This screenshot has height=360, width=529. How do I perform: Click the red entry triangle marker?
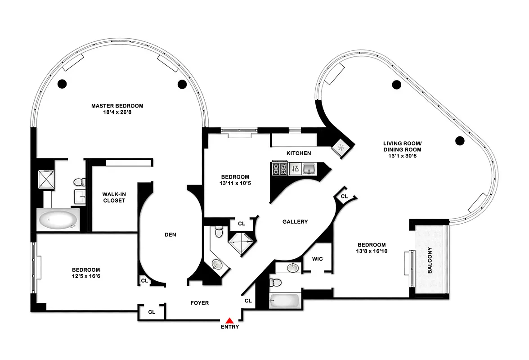(x=229, y=320)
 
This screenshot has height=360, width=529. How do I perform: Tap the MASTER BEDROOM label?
(x=117, y=106)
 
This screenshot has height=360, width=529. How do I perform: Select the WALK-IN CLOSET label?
(x=114, y=198)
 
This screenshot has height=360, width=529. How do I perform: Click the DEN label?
(x=170, y=234)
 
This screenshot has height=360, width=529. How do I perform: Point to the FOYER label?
(x=200, y=303)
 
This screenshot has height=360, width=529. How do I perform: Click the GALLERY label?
(x=295, y=222)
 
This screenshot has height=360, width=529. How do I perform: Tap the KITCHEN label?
(x=299, y=153)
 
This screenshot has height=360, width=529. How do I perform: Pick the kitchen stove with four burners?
(x=279, y=169)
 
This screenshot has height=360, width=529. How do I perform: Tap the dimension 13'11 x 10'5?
(x=235, y=184)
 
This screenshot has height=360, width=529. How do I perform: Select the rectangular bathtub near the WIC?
(x=285, y=300)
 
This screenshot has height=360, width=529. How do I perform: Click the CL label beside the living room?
(x=344, y=197)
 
